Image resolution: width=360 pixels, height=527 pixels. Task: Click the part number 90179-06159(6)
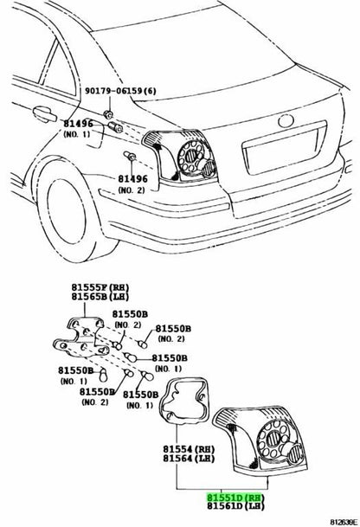click(120, 91)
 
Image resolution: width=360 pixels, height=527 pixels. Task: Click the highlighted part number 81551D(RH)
click(235, 498)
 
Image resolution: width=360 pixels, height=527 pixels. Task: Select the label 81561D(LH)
click(235, 506)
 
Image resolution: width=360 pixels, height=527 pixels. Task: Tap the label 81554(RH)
click(189, 449)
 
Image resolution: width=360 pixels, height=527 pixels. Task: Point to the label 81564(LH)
click(189, 458)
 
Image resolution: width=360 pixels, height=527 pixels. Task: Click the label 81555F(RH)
click(100, 287)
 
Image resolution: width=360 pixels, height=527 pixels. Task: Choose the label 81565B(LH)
click(100, 297)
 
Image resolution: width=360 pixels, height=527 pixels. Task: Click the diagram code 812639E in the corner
click(344, 523)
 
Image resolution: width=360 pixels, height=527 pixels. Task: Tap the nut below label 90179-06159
click(108, 114)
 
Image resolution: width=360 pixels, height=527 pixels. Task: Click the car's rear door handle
click(45, 114)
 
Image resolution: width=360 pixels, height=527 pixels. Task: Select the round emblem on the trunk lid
click(286, 120)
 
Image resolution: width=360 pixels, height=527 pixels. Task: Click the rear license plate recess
click(284, 148)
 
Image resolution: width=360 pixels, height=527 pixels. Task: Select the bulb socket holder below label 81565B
click(82, 337)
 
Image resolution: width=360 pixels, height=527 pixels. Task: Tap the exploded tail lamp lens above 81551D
click(260, 439)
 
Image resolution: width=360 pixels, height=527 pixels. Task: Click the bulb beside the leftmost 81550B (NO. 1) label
click(103, 375)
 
